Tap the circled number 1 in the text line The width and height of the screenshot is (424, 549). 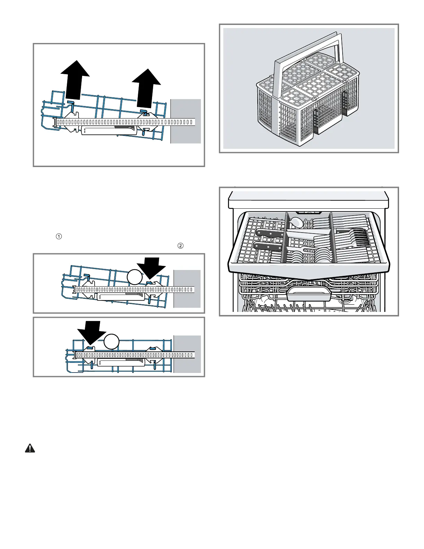click(59, 236)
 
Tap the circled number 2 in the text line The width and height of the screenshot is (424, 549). click(180, 246)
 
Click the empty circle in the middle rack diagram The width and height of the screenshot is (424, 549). click(134, 277)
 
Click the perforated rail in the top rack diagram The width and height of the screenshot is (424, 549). click(125, 122)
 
